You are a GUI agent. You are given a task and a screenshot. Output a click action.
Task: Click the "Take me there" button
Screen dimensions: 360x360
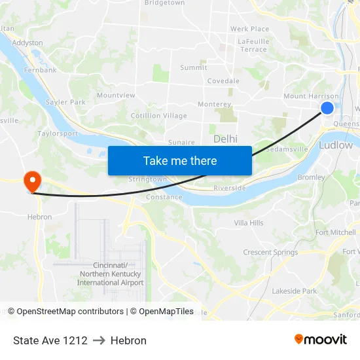(x=180, y=160)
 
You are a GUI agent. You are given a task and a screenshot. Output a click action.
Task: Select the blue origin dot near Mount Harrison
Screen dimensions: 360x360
(x=327, y=109)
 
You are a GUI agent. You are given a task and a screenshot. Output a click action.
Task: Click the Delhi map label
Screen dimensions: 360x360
(x=225, y=139)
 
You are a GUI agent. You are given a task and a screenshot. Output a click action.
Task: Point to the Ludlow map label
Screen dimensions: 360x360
(x=336, y=145)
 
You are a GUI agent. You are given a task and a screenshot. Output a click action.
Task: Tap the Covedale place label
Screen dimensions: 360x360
(x=223, y=81)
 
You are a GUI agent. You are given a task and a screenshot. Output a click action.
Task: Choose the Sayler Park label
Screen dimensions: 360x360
(x=65, y=103)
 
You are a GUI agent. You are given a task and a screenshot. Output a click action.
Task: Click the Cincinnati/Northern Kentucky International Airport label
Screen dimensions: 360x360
(x=110, y=274)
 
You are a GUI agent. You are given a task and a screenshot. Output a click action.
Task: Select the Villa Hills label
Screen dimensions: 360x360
(x=249, y=223)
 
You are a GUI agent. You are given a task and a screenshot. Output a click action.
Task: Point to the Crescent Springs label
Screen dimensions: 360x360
(x=270, y=253)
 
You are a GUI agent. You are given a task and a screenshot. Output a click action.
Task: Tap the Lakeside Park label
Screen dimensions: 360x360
(x=294, y=291)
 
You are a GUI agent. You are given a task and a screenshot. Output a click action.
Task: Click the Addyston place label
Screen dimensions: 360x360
(x=27, y=43)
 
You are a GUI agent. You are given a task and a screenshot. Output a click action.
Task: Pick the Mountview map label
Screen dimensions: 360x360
(x=116, y=96)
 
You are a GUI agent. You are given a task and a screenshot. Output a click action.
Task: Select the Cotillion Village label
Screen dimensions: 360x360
(x=158, y=116)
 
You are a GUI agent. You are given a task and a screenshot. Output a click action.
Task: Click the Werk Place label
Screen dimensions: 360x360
(x=249, y=29)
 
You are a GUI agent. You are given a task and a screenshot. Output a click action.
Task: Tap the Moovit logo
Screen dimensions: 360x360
(x=321, y=339)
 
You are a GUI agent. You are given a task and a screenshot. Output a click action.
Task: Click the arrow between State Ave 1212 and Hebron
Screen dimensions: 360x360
(x=99, y=340)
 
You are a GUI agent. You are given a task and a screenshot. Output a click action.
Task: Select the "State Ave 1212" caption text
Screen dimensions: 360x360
(x=50, y=340)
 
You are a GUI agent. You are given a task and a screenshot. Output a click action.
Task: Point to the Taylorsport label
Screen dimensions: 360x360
(x=58, y=134)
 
